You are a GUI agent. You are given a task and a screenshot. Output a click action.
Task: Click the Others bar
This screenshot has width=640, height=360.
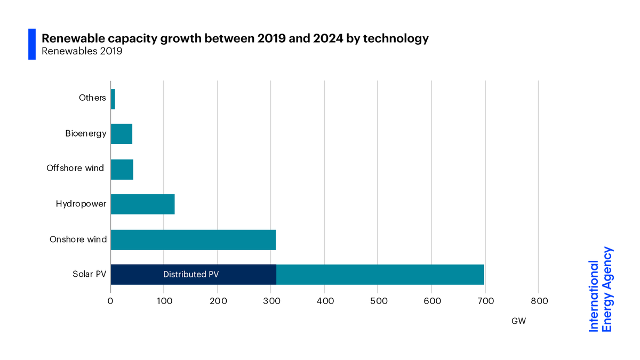pos(113,99)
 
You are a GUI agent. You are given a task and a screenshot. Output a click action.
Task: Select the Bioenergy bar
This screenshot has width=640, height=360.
pos(122,134)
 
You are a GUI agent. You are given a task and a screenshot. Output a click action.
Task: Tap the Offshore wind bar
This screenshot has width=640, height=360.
pos(122,169)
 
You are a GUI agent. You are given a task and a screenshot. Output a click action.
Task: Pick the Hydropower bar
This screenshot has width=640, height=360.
pos(142,204)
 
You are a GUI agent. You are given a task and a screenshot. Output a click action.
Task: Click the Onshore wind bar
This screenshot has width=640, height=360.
pos(193,239)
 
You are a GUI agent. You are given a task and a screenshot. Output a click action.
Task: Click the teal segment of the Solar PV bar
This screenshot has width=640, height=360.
pos(380,275)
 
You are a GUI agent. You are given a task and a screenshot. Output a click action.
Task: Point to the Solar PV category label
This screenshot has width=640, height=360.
pos(89,275)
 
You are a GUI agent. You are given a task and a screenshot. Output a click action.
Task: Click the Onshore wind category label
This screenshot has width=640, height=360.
pos(78,239)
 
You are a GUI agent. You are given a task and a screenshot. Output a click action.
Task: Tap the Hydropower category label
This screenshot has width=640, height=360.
pos(81,204)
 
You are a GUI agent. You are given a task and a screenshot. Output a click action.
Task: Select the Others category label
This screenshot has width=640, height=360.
pos(92,98)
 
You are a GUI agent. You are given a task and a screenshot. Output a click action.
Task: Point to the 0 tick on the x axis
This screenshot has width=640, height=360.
pos(110,301)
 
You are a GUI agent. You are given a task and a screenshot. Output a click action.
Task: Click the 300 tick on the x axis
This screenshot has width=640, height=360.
pos(271,301)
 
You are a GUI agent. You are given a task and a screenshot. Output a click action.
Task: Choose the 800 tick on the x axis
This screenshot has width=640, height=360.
pos(539,301)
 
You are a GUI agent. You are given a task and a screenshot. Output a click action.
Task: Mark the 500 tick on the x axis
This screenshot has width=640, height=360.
pos(378,301)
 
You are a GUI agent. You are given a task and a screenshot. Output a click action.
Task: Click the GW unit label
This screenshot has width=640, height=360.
pos(519,321)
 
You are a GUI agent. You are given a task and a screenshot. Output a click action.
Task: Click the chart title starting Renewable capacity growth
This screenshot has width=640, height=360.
pos(235,38)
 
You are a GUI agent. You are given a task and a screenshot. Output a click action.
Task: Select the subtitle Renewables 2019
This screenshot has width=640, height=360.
pos(82,52)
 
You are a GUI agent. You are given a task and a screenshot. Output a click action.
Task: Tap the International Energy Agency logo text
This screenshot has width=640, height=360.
pos(601,289)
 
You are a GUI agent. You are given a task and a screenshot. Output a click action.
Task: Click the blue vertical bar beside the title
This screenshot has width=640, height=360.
pos(32,44)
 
